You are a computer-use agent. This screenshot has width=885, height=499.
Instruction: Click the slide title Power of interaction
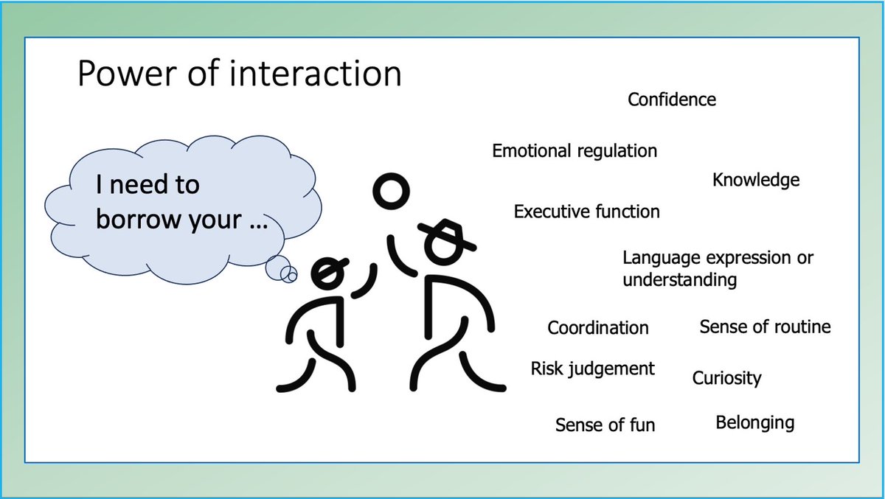click(x=240, y=75)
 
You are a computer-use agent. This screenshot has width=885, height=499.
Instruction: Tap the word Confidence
click(x=671, y=100)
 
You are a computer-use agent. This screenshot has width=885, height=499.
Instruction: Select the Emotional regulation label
click(x=575, y=151)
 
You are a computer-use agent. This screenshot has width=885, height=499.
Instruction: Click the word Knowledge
click(x=755, y=180)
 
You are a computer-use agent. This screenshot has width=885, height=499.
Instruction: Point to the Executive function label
click(x=586, y=212)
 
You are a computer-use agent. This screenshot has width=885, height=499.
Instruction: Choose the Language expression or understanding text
click(x=718, y=269)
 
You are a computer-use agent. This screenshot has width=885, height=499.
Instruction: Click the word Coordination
click(x=598, y=328)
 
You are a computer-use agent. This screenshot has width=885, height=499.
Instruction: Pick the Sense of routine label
click(x=765, y=327)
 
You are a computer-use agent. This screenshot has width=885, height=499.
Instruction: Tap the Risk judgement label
click(x=592, y=369)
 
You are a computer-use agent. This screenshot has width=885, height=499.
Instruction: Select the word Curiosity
click(x=726, y=379)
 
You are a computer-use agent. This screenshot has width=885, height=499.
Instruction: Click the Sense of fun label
click(x=605, y=425)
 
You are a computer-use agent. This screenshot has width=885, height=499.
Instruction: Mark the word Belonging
click(x=754, y=423)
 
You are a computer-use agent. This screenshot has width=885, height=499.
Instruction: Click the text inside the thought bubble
click(x=181, y=202)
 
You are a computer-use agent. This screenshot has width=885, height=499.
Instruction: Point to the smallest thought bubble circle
click(x=291, y=276)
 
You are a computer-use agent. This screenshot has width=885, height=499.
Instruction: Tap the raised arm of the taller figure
click(x=398, y=257)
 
